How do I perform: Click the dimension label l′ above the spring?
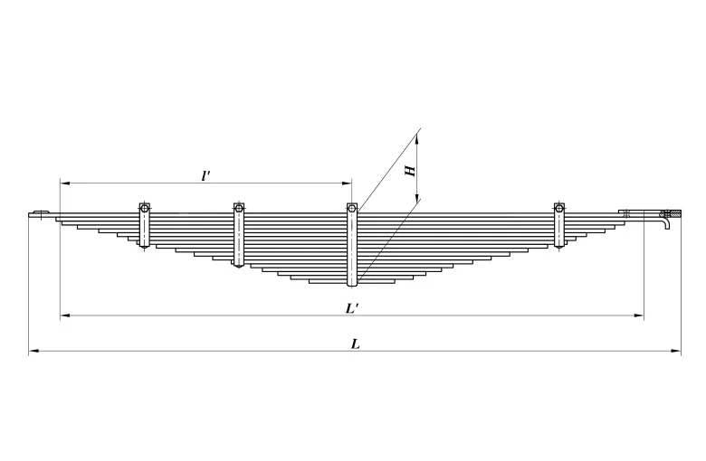tap(206, 175)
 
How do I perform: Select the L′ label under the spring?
tap(353, 308)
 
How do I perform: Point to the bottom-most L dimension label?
tap(355, 343)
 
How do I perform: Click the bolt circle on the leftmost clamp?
tap(144, 209)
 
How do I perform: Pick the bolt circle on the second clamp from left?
tap(239, 209)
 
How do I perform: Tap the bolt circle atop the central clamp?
tap(352, 210)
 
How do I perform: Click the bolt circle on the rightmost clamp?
tap(559, 209)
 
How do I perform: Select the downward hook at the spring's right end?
tap(668, 222)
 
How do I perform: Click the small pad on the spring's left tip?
tap(39, 214)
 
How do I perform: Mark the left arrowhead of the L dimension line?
tap(33, 351)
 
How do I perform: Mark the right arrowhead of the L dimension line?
tap(678, 351)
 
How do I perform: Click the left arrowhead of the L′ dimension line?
tap(64, 315)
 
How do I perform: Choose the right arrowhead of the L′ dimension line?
tap(640, 315)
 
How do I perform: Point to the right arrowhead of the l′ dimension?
tap(347, 183)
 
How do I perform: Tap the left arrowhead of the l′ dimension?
tap(64, 183)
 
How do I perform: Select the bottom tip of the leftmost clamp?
tap(144, 247)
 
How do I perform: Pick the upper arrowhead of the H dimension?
tap(419, 136)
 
